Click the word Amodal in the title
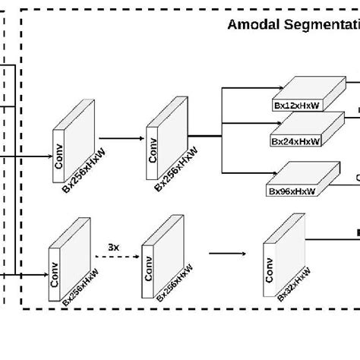[x=254, y=25]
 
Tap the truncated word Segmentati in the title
[x=319, y=25]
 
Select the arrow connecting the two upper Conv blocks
[x=122, y=139]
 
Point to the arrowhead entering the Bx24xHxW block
[x=267, y=126]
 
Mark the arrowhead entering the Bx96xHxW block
[x=264, y=174]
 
